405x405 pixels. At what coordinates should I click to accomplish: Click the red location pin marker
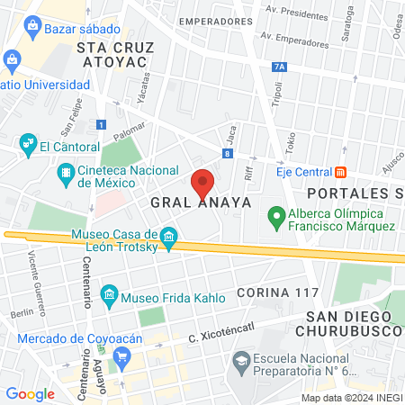pyautogui.click(x=202, y=184)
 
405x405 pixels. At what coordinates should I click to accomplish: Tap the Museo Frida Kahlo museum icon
pyautogui.click(x=110, y=294)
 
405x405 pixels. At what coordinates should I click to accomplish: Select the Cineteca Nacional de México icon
pyautogui.click(x=66, y=172)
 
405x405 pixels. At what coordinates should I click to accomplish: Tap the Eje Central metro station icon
pyautogui.click(x=340, y=172)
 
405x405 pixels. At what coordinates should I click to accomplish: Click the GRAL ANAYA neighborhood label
pyautogui.click(x=200, y=202)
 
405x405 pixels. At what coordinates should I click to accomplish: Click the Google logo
pyautogui.click(x=30, y=393)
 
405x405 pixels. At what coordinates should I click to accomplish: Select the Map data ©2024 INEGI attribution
pyautogui.click(x=351, y=398)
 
